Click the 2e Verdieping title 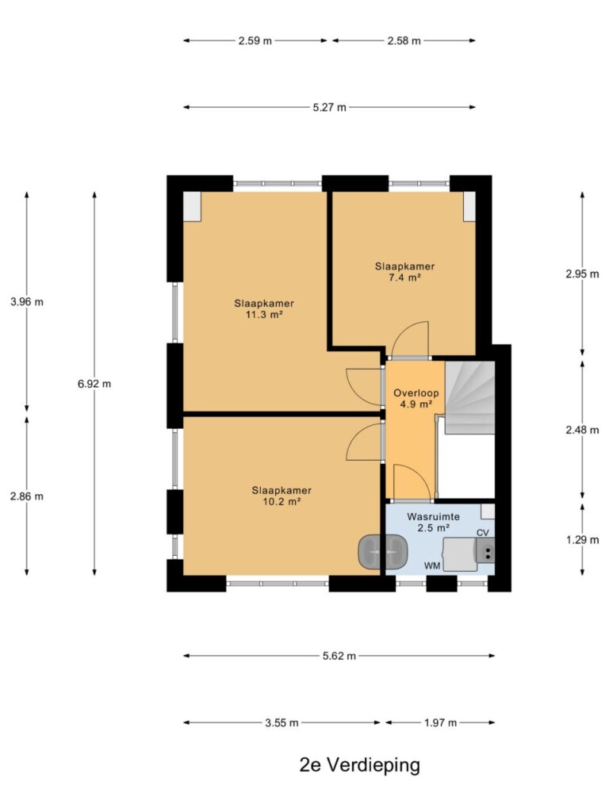[x=359, y=765]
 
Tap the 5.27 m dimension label [x=329, y=108]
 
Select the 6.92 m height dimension [x=94, y=384]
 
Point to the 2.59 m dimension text [x=255, y=41]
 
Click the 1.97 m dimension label [x=440, y=723]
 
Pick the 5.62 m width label [x=339, y=656]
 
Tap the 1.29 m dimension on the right [x=582, y=539]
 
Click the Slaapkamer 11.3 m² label [x=264, y=308]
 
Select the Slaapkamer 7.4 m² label [x=405, y=271]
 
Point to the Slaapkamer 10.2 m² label [x=282, y=496]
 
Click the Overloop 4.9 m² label [x=416, y=398]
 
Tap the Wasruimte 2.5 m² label [x=434, y=522]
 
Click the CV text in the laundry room [x=483, y=533]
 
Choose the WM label [x=432, y=565]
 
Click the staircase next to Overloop [x=470, y=397]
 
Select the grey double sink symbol [x=382, y=553]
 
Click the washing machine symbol [x=460, y=554]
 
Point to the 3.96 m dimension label [x=27, y=302]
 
